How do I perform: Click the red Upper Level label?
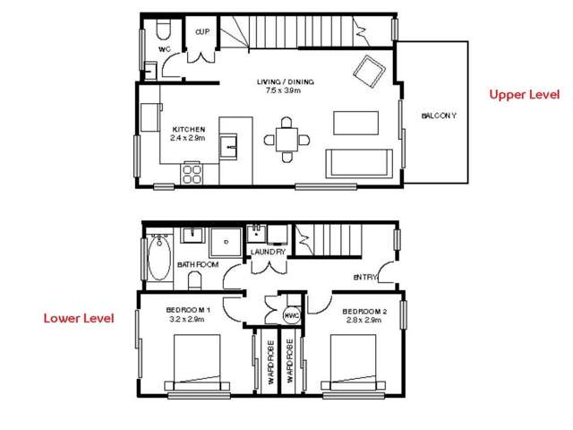tap(524, 94)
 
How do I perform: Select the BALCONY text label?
tap(439, 116)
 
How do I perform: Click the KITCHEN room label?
tap(188, 129)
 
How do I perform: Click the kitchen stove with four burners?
tap(192, 172)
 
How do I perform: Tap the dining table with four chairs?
tap(286, 141)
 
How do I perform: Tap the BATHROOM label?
tap(198, 265)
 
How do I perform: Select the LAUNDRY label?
tap(268, 253)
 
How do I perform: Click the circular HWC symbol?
tap(290, 316)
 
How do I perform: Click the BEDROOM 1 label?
tap(188, 310)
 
